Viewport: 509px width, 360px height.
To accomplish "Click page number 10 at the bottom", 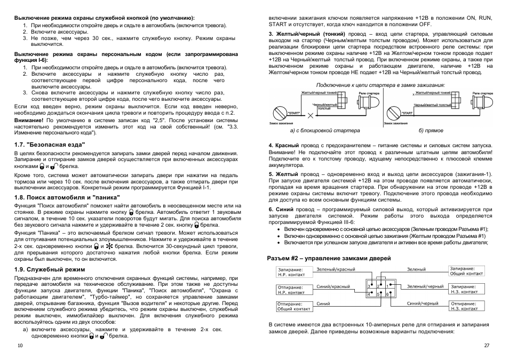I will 20,346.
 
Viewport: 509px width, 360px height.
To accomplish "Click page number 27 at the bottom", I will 486,346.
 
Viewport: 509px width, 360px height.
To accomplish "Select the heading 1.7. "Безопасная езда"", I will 49,144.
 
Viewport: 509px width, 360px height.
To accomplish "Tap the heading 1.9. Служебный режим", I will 50,269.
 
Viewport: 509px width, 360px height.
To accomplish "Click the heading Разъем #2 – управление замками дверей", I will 325,258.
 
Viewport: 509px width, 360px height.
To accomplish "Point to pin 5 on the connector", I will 378,294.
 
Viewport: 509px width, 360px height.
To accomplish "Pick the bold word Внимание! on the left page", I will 29,121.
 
